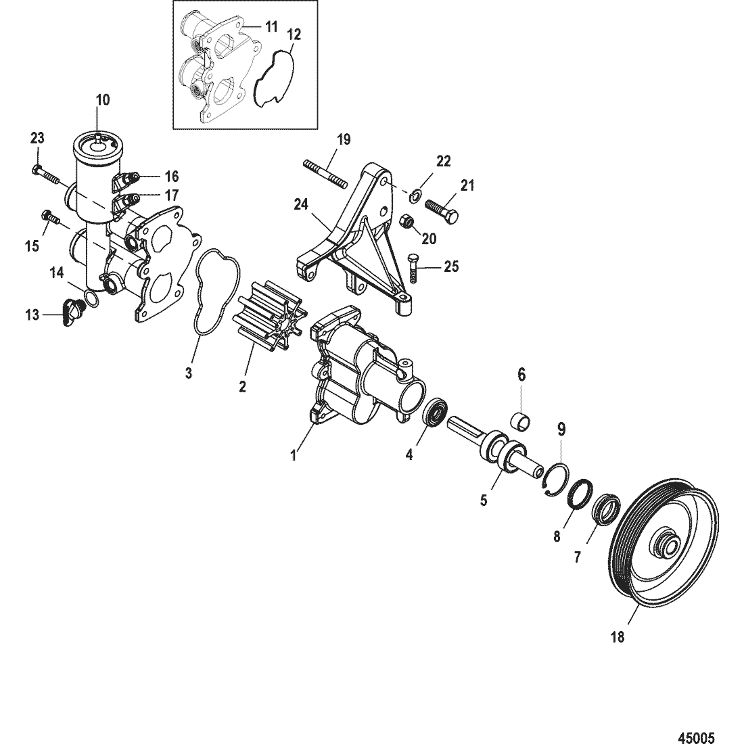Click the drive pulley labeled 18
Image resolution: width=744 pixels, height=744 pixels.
[664, 546]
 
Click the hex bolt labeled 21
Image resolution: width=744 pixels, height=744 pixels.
[442, 210]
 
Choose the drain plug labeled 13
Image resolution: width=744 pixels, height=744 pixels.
[72, 313]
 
